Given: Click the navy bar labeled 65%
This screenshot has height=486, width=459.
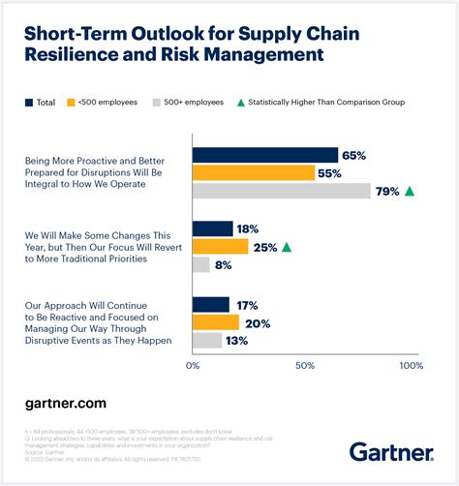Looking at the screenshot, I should click(264, 155).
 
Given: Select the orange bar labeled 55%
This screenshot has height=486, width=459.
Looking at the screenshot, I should click(253, 173).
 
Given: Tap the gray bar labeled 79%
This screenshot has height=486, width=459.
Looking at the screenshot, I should click(281, 192).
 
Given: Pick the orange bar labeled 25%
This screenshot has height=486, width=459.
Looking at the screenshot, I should click(220, 247).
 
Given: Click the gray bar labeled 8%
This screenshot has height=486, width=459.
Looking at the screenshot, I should click(200, 264).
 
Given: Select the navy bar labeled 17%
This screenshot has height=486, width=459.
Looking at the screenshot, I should click(210, 305).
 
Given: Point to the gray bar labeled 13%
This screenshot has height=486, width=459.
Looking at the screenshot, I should click(206, 341).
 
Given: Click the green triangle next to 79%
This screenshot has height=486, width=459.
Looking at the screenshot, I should click(410, 192).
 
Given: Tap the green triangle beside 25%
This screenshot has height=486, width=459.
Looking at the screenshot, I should click(286, 247).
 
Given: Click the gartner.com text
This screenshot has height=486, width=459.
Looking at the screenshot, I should click(65, 402).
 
